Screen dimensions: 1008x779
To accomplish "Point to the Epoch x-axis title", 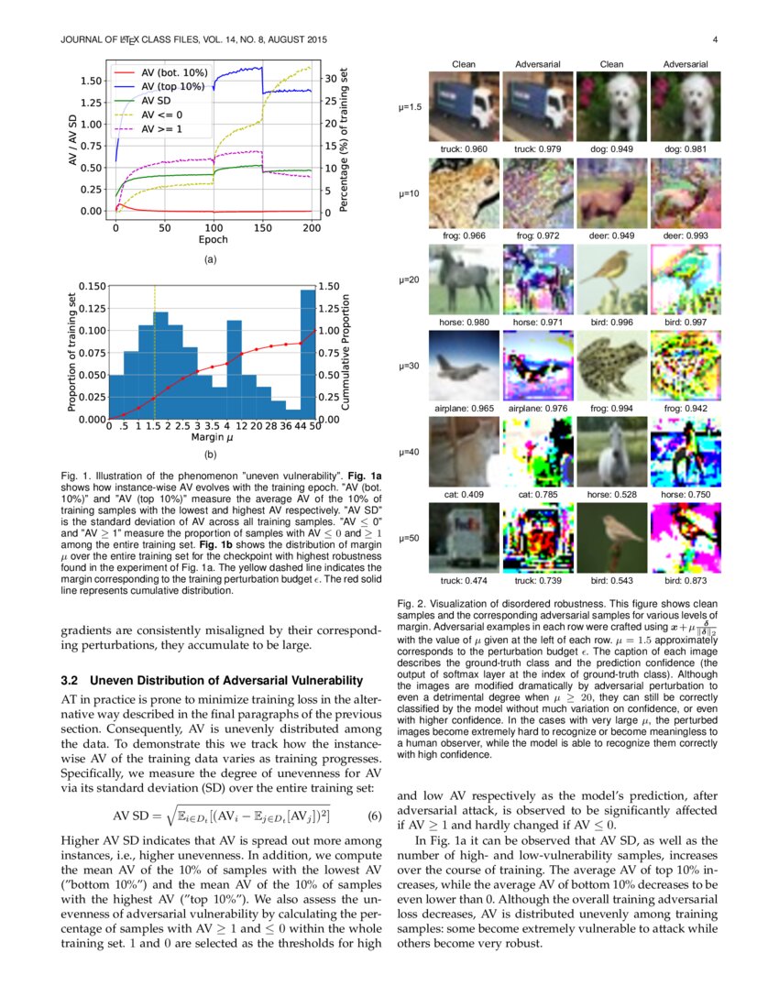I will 214,240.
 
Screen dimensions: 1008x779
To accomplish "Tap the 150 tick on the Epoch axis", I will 262,227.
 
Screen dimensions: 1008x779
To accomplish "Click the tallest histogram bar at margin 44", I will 307,354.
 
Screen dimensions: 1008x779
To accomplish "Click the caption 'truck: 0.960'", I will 465,148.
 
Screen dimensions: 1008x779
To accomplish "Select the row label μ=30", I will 410,366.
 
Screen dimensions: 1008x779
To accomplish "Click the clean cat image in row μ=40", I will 465,452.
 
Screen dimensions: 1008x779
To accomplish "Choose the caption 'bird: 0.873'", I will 686,581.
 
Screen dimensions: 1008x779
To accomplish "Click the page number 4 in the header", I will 714,39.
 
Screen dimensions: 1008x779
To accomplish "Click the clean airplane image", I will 465,366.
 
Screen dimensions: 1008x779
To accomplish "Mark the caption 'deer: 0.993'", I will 686,236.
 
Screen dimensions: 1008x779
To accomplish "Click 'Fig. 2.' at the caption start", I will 413,605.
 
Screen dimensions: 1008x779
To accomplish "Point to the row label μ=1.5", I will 410,107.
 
